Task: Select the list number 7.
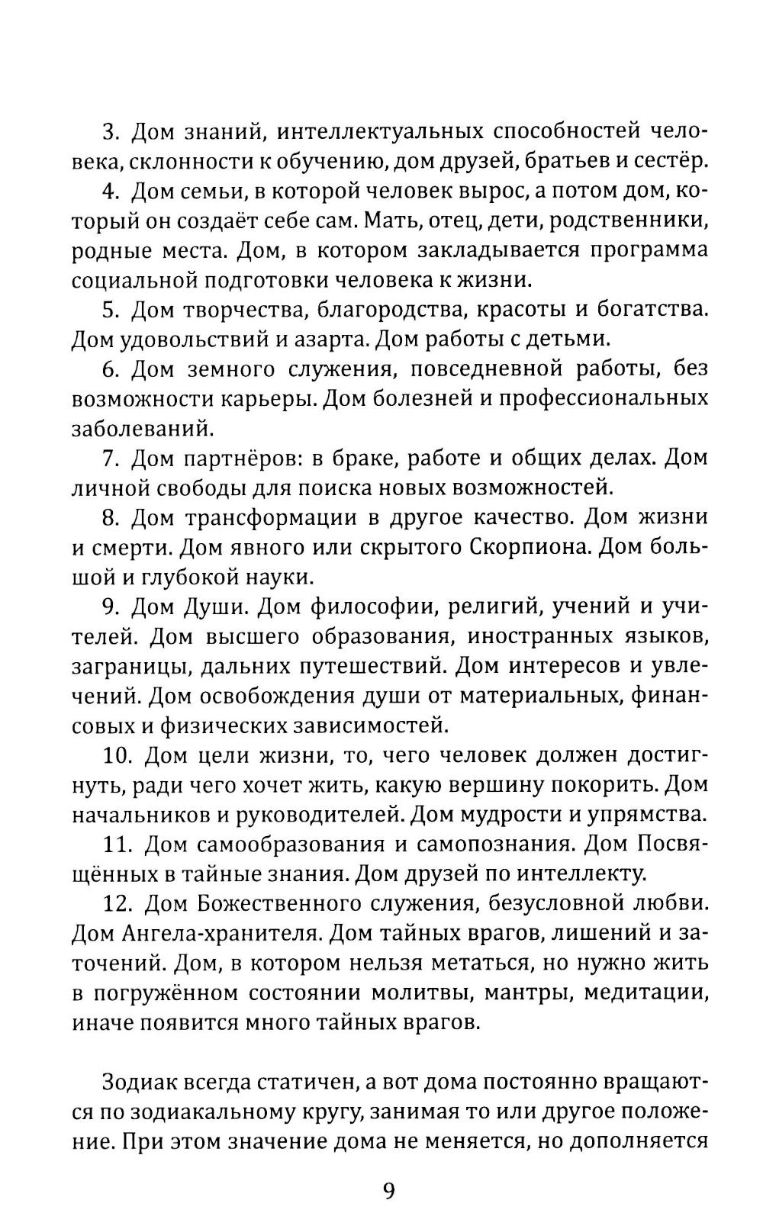point(109,458)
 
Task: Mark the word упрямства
point(645,816)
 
